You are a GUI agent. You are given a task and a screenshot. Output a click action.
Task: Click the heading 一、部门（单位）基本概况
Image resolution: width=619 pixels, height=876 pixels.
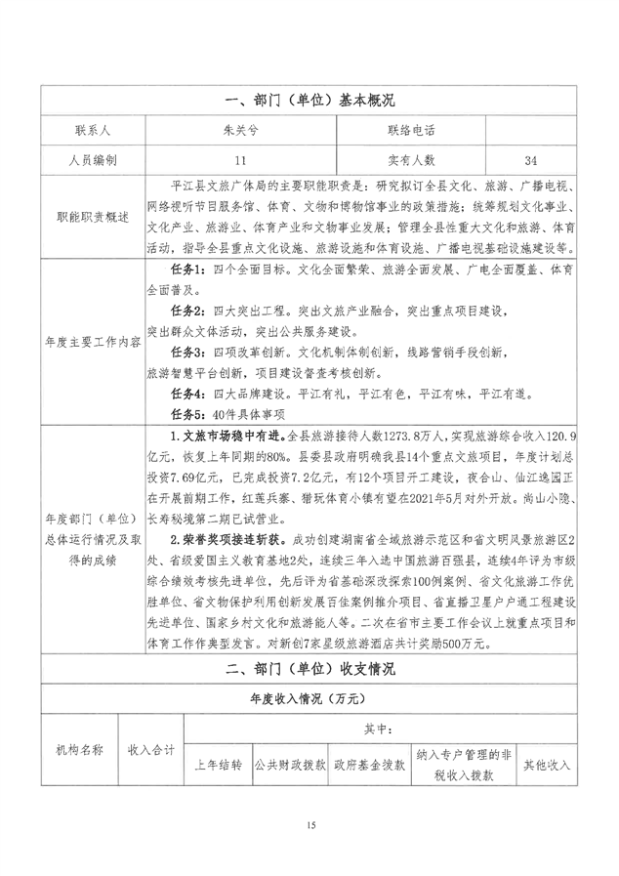pyautogui.click(x=309, y=101)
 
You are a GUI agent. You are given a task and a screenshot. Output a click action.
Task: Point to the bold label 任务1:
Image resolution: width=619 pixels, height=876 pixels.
pyautogui.click(x=188, y=270)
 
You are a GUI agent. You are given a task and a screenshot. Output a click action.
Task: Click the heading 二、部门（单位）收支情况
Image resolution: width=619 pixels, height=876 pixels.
pyautogui.click(x=309, y=670)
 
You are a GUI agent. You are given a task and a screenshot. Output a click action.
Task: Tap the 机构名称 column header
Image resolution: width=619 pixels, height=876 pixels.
pyautogui.click(x=78, y=750)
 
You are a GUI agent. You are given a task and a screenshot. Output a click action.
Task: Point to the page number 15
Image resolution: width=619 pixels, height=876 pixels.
pyautogui.click(x=309, y=827)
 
